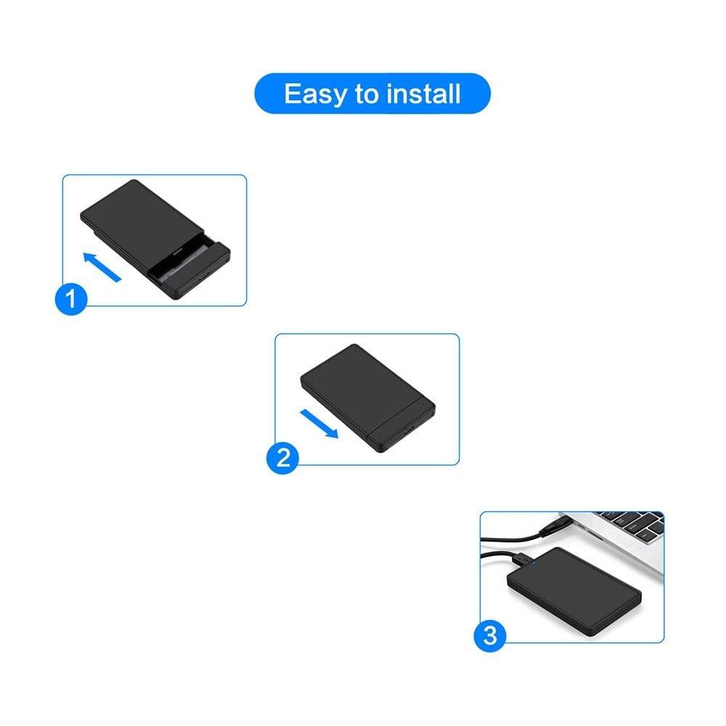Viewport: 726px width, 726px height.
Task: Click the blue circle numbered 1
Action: point(70,299)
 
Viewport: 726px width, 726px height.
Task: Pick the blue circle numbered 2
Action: point(282,457)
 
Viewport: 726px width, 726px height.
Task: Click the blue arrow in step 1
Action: point(101,266)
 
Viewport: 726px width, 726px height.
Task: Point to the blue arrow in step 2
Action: point(319,423)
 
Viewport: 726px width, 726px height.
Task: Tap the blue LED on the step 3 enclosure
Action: point(534,562)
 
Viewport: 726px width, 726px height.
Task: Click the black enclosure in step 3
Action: point(574,592)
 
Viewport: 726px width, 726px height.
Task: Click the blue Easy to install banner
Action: point(372,94)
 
